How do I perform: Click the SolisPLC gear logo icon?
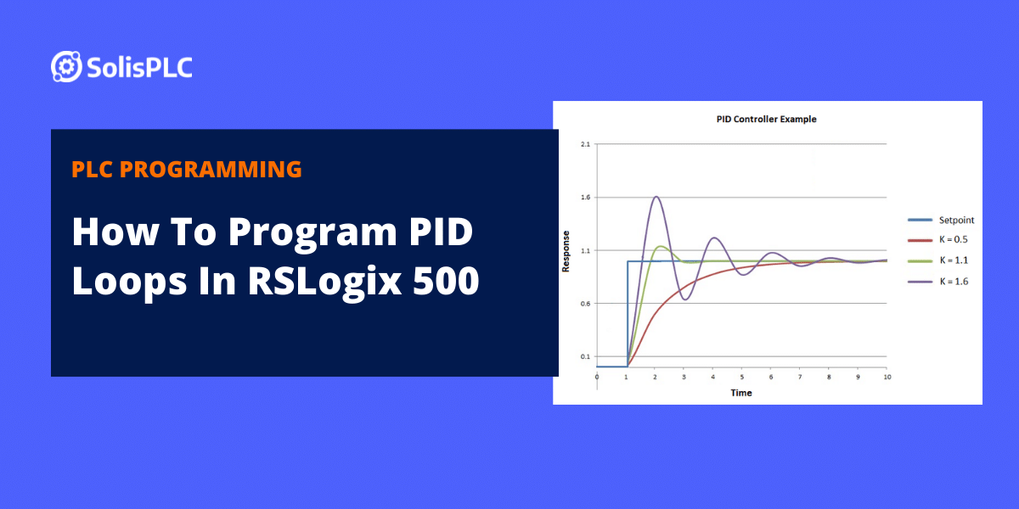tap(65, 66)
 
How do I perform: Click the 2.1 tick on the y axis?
tap(584, 144)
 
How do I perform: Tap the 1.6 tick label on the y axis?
tap(584, 197)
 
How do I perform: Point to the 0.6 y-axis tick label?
tap(584, 303)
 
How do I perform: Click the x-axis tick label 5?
tap(741, 376)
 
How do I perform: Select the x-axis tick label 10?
tap(886, 376)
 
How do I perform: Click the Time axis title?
tap(741, 392)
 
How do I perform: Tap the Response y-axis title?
tap(566, 251)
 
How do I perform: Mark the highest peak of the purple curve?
tap(656, 197)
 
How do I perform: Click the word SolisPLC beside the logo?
tap(139, 67)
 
